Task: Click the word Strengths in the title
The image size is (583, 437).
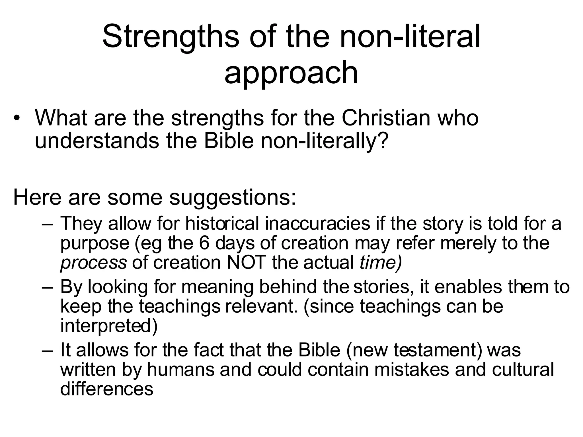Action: pos(171,37)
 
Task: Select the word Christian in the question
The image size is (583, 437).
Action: pos(386,118)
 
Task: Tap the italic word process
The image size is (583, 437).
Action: pos(93,262)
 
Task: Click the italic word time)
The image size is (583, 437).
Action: pos(381,262)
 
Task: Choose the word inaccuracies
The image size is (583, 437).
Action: pos(317,224)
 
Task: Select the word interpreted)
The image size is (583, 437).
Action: pos(109,326)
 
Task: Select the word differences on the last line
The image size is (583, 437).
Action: pos(107,389)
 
